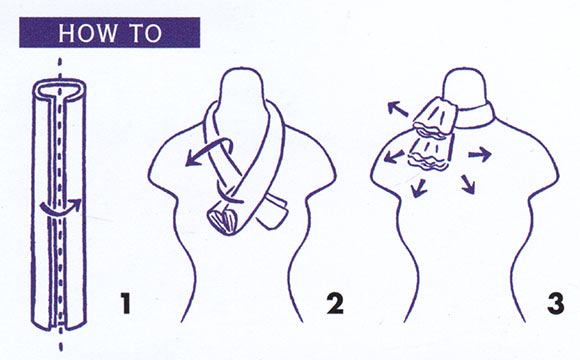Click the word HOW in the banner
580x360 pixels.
87,33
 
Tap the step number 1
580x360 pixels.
126,303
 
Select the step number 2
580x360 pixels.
335,303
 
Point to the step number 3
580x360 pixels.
555,303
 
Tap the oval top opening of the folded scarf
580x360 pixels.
59,88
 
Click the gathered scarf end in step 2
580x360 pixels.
223,221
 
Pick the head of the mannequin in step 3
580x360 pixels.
465,87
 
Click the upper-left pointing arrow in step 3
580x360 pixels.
398,109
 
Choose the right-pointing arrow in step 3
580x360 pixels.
480,154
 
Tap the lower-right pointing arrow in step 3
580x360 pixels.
468,184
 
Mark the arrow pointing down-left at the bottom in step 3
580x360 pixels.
419,188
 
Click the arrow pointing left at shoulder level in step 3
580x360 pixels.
394,157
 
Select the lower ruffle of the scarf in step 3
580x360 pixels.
430,154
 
